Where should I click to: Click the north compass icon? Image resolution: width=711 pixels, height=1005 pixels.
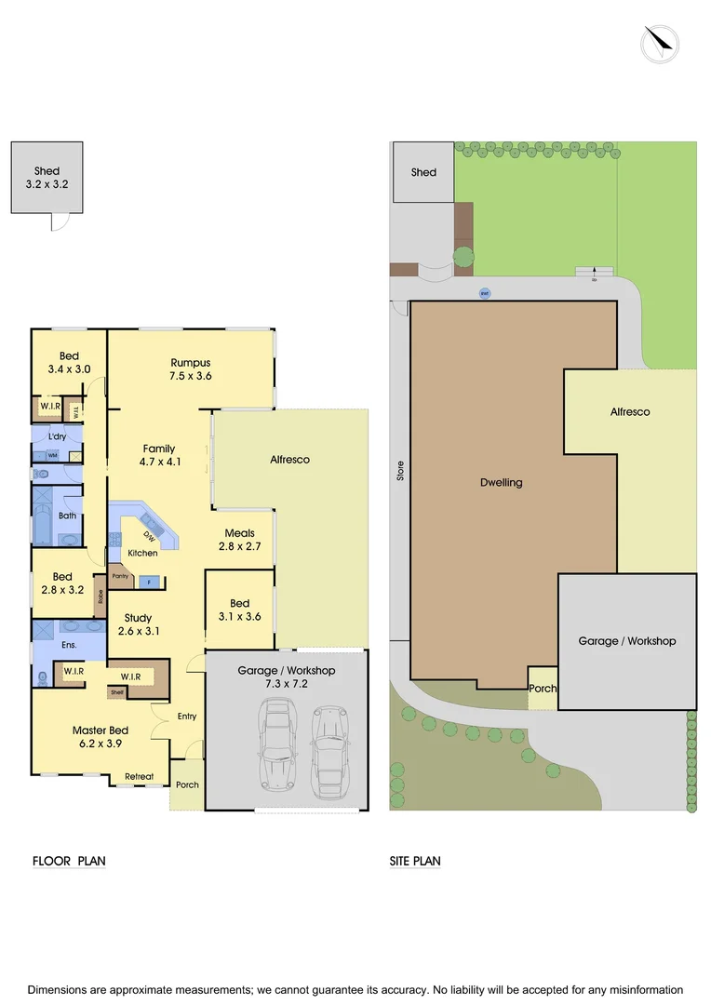[x=660, y=44]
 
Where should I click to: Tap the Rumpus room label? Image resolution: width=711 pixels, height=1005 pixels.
[x=190, y=362]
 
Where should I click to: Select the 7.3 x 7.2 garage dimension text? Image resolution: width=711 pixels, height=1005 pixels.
[x=286, y=684]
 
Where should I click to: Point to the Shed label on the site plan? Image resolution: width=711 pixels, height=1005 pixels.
[x=423, y=172]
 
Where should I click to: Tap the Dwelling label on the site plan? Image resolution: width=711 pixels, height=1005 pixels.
[x=502, y=482]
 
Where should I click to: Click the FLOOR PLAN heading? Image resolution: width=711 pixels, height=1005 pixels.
[x=69, y=861]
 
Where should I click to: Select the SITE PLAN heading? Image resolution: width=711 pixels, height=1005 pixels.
[x=415, y=861]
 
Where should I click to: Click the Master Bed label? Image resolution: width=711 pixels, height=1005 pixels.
[x=101, y=730]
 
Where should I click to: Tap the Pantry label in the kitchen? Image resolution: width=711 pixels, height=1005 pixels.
[x=120, y=576]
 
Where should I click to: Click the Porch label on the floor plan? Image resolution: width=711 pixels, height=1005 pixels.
[x=187, y=784]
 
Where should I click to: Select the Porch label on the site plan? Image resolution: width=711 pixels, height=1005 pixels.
[x=543, y=689]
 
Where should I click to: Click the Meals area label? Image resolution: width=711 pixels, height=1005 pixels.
[x=239, y=533]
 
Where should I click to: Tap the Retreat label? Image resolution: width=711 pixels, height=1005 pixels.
[x=140, y=775]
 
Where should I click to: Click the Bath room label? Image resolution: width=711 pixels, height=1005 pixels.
[x=67, y=515]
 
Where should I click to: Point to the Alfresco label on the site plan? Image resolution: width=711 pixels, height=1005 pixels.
[x=630, y=411]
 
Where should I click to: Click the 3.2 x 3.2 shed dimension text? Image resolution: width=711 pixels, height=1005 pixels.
[x=47, y=184]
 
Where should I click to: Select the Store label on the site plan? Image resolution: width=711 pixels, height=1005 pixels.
[x=401, y=470]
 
